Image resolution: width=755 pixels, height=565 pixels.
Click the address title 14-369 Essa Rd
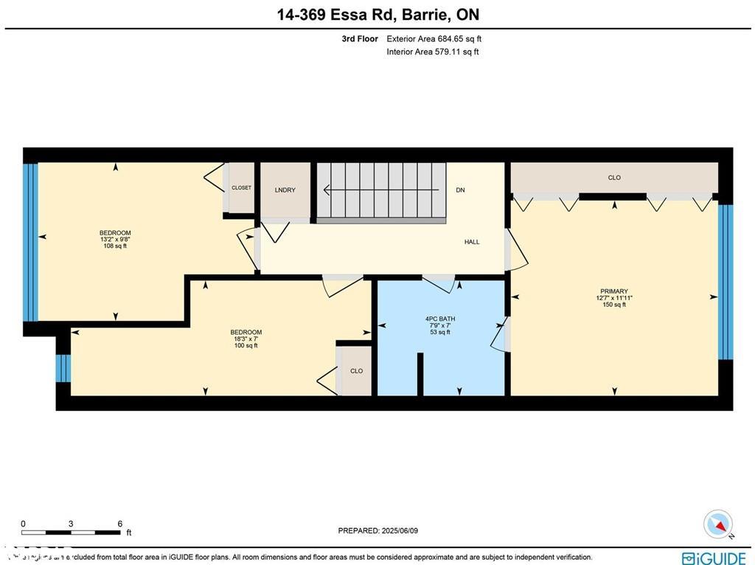[x=377, y=15]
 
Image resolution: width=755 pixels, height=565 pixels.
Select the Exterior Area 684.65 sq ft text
[x=434, y=38]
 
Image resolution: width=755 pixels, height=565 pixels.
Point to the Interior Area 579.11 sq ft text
[x=432, y=52]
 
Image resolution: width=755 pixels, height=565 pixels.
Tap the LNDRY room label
[x=285, y=190]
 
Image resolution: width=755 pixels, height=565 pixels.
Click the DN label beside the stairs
[x=460, y=190]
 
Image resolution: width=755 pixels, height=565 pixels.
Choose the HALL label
[x=472, y=242]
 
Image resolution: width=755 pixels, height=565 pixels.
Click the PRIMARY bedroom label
[x=614, y=291]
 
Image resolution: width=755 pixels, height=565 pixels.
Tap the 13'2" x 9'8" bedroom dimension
[x=115, y=240]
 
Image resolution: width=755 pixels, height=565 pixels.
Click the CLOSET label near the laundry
[x=241, y=188]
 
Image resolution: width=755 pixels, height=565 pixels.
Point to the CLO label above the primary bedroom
[x=614, y=178]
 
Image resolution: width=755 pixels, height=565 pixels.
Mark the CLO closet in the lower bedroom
[x=356, y=371]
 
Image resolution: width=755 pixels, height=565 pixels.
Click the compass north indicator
[x=718, y=524]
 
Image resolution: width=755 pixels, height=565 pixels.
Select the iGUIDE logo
[x=714, y=558]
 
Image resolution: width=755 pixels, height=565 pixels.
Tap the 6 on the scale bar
[x=119, y=524]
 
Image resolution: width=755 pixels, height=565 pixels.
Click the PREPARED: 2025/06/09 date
[x=377, y=531]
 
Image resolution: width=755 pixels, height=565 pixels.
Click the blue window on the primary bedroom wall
[x=726, y=281]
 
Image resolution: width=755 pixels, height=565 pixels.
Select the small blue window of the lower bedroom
[x=63, y=368]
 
